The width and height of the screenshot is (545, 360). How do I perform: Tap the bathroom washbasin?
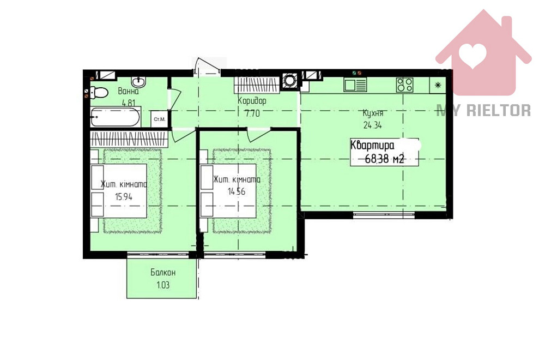click(x=138, y=82)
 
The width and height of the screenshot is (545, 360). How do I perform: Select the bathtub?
click(x=116, y=117)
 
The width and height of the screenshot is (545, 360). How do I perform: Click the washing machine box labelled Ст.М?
click(x=160, y=119)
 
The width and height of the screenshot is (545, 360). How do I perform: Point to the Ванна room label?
click(x=128, y=92)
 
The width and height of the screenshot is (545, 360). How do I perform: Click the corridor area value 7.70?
click(x=252, y=113)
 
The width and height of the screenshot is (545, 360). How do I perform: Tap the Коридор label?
click(x=252, y=101)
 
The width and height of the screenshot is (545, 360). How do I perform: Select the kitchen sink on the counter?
click(x=355, y=85)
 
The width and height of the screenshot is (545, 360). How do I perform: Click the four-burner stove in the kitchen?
click(x=404, y=85)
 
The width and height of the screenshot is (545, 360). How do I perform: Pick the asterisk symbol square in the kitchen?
click(x=438, y=85)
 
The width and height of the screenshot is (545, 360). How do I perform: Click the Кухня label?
click(x=373, y=113)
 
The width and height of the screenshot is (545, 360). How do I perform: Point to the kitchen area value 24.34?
click(x=373, y=125)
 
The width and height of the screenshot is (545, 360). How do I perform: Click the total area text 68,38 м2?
click(x=384, y=159)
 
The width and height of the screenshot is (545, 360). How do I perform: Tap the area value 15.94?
click(x=124, y=197)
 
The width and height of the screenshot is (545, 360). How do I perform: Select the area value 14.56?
click(x=237, y=191)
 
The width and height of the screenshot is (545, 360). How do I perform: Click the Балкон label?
click(x=163, y=272)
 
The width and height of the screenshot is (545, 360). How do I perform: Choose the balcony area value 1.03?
click(x=163, y=285)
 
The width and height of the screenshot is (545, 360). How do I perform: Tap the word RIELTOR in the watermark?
click(x=499, y=111)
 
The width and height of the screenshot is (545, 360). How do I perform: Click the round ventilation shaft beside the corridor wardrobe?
click(x=289, y=81)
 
